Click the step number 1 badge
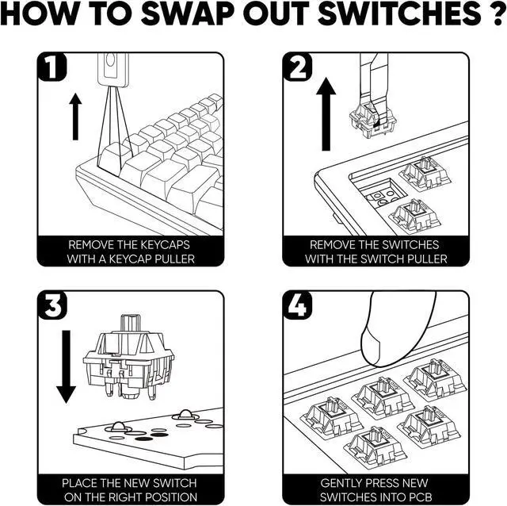[x=51, y=67]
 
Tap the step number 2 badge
[x=298, y=67]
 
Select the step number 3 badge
[x=52, y=305]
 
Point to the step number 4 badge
[x=298, y=305]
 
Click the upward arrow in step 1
[x=75, y=117]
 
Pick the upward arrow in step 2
[x=326, y=114]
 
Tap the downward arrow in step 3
[x=66, y=366]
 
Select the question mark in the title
[x=497, y=13]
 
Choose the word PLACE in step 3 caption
[x=79, y=483]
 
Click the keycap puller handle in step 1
[x=113, y=69]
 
